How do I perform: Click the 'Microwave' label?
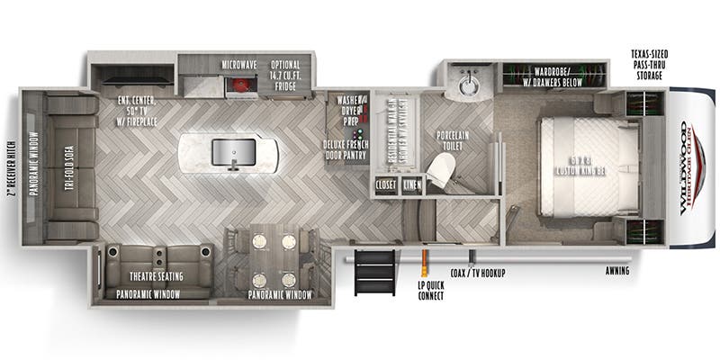[241, 65]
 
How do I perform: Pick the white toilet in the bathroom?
[441, 170]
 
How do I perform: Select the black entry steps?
[373, 271]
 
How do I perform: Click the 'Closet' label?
[386, 186]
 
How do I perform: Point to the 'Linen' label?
[412, 186]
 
